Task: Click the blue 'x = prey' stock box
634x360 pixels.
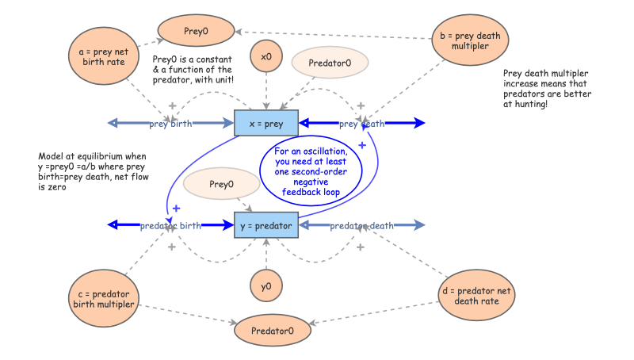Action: tap(265, 123)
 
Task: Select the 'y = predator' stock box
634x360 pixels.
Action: tap(265, 225)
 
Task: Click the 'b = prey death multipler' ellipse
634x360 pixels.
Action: tap(471, 41)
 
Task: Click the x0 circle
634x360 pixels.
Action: tap(266, 57)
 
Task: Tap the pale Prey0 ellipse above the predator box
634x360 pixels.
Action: tap(221, 185)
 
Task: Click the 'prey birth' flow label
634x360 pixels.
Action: tap(170, 124)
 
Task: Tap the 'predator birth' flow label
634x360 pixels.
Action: tap(170, 226)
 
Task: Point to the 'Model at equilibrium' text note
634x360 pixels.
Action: tap(87, 172)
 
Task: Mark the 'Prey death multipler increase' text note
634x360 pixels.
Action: tap(547, 89)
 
